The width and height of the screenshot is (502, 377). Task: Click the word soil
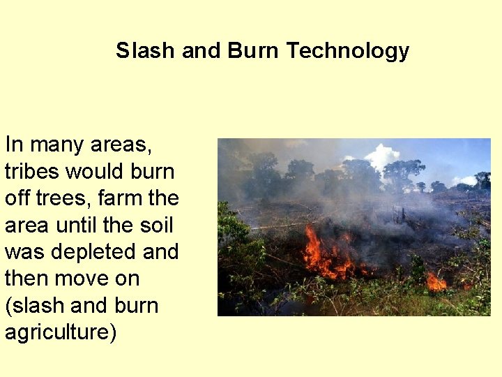tap(155, 225)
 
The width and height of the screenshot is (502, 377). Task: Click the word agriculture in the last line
tap(58, 332)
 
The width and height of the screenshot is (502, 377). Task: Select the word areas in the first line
tap(123, 145)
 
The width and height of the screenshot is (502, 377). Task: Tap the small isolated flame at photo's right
tap(436, 282)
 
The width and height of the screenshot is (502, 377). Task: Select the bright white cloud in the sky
tap(382, 155)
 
